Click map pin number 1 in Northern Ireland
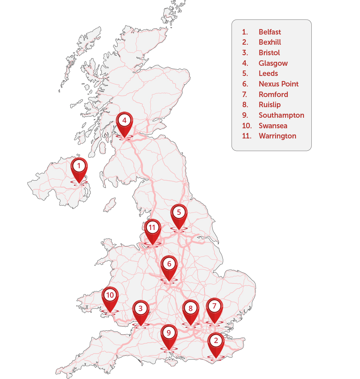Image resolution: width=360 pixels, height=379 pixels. point(79,167)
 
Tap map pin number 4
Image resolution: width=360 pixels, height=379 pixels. point(124,121)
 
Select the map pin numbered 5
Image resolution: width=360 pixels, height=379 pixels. point(179,213)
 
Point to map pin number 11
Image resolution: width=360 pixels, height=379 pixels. point(152,229)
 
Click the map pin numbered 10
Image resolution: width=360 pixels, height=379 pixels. point(110,296)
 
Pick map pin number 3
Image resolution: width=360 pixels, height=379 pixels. point(140,309)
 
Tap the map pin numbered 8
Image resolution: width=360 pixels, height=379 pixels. point(191,309)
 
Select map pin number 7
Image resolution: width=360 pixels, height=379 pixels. point(214,307)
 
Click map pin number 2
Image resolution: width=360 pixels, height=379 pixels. point(216,342)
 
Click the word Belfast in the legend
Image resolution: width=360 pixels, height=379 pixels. point(270,32)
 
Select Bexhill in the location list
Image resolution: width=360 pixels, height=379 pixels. point(270,43)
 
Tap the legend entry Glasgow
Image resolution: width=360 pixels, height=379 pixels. point(273,63)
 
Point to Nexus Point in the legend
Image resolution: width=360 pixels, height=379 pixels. point(278,84)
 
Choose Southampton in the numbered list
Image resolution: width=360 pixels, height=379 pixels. point(281,115)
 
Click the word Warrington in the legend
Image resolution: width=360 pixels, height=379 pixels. point(277,136)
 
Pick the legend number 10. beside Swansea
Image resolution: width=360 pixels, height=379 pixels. point(247,126)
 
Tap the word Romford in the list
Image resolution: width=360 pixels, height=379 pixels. point(273,94)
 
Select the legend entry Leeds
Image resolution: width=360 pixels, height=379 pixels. point(268,73)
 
